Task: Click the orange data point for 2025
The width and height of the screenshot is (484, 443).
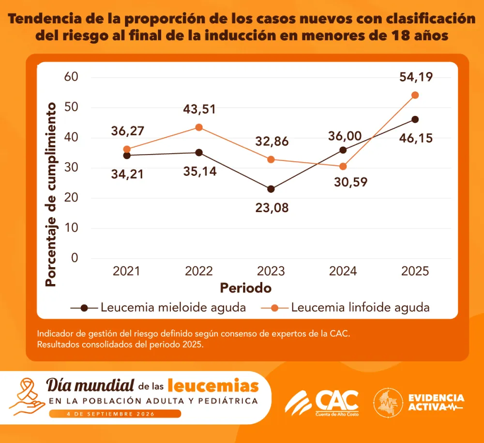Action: point(415,95)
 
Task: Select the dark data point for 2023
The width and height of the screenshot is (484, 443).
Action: point(271,189)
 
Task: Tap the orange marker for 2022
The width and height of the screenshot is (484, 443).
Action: point(199,127)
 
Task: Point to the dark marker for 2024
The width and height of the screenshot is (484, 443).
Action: point(343,150)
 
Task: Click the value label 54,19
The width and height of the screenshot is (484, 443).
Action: point(416,77)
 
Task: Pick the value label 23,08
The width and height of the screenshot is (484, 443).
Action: point(272,208)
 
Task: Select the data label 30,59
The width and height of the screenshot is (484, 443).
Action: point(350,182)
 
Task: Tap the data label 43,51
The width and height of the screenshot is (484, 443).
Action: point(199,109)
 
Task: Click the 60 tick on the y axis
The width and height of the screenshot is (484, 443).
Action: point(71,77)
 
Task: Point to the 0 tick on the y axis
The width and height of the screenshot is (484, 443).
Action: point(75,258)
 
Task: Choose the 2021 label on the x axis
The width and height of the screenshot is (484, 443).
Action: point(126,271)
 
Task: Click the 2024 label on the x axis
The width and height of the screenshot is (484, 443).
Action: point(343,271)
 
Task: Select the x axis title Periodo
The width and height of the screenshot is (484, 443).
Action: point(246,288)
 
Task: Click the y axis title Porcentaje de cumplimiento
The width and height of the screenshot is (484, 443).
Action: point(51,194)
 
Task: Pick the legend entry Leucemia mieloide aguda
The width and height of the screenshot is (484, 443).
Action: point(158,307)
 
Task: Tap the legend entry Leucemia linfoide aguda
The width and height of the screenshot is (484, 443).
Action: point(345,307)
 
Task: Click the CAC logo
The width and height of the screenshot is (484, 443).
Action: point(322,403)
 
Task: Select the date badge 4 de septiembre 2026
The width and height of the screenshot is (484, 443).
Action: point(115,414)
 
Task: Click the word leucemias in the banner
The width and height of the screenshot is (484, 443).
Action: point(213,386)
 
